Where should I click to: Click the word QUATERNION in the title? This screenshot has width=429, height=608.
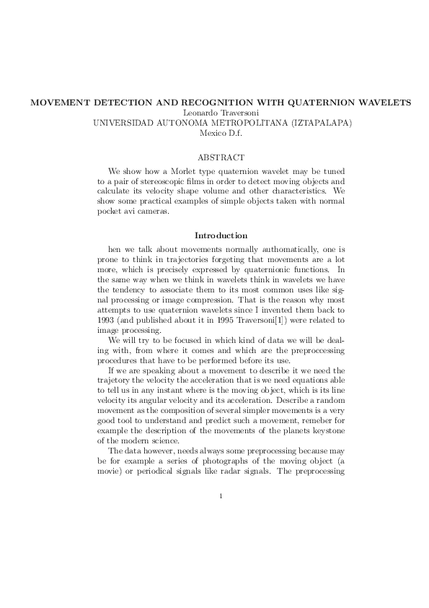pyautogui.click(x=314, y=102)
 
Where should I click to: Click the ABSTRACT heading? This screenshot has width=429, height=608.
pyautogui.click(x=221, y=157)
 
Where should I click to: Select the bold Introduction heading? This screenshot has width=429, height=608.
pyautogui.click(x=221, y=235)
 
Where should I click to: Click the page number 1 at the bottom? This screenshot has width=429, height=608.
pyautogui.click(x=221, y=495)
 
